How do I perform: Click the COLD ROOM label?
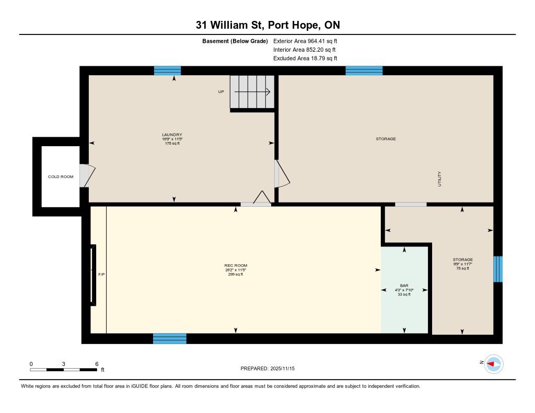(61, 176)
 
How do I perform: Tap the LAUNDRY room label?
(172, 135)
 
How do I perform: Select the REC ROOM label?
(236, 265)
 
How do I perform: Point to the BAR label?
(404, 286)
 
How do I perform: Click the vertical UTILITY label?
(439, 179)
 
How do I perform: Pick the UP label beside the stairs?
(221, 91)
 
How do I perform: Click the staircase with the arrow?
(252, 92)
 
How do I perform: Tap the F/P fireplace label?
(101, 275)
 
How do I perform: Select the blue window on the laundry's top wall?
(167, 70)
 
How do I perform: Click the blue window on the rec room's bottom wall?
(170, 338)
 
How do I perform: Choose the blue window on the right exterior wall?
(498, 269)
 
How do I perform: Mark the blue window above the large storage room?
(364, 70)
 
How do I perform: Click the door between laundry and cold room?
(87, 175)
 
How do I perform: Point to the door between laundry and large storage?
(282, 173)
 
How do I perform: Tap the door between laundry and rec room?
(256, 198)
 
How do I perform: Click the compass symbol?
(493, 364)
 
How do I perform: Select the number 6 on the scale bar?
(97, 364)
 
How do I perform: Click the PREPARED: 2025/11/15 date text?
(267, 368)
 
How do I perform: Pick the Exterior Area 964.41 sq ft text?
(305, 41)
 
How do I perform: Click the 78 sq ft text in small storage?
(463, 268)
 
